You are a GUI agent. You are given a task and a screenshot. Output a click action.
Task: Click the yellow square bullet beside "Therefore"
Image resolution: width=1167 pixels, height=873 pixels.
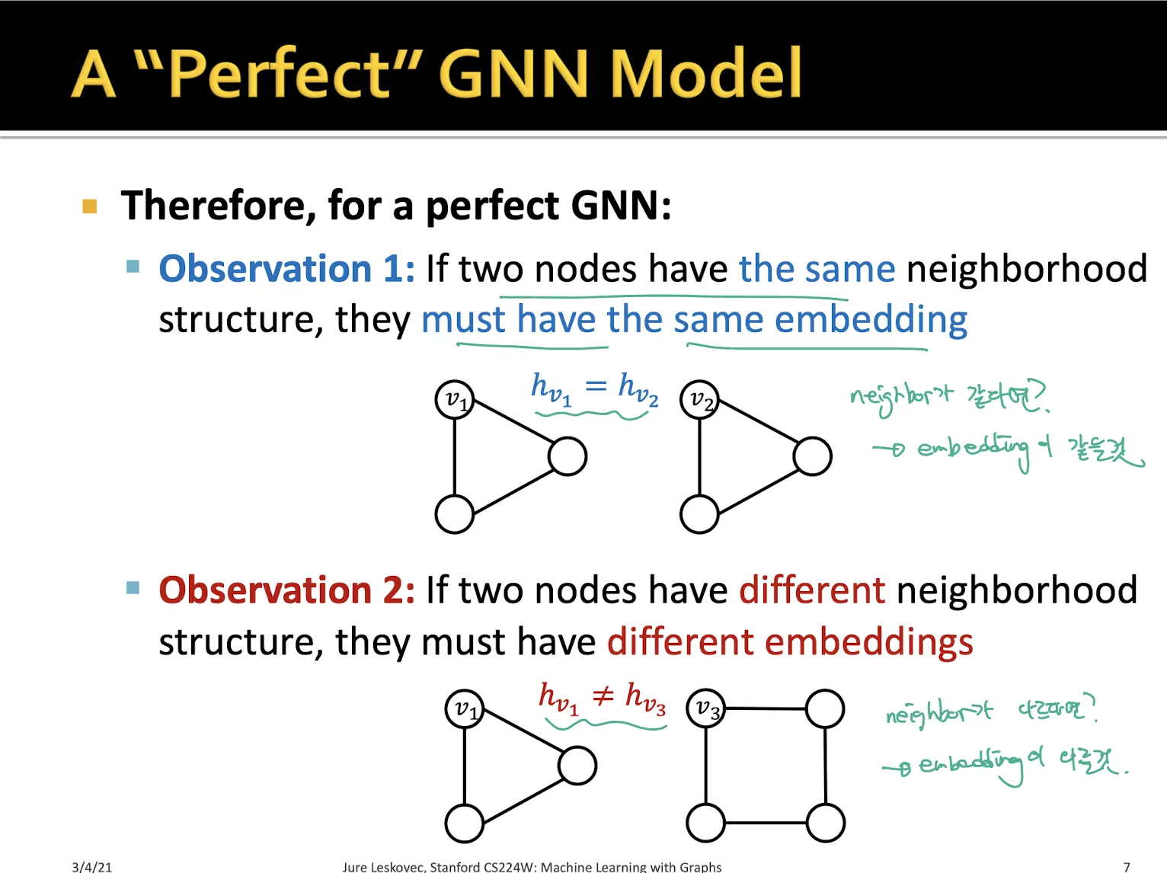(90, 206)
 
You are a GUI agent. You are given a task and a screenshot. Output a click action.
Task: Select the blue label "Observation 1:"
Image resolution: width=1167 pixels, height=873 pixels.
(286, 269)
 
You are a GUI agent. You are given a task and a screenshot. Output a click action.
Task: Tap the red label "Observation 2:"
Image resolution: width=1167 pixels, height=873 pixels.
(286, 590)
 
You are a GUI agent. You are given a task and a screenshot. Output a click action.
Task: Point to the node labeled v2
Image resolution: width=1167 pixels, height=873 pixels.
(699, 400)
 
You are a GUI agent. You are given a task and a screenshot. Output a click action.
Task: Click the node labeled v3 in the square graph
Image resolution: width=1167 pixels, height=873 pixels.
(706, 709)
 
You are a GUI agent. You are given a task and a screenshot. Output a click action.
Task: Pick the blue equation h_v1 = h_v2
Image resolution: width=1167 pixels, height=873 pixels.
(594, 389)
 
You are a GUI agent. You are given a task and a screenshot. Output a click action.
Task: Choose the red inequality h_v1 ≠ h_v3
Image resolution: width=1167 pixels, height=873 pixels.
(602, 697)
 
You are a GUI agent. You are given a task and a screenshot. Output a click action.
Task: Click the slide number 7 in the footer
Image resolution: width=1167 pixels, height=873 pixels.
(1127, 866)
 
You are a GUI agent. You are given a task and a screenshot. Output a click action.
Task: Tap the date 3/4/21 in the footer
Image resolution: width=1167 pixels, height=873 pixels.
(91, 866)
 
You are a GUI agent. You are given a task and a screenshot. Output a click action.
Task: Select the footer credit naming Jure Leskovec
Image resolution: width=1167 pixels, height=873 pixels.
(532, 866)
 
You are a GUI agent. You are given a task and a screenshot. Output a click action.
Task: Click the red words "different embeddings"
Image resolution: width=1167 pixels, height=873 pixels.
(790, 641)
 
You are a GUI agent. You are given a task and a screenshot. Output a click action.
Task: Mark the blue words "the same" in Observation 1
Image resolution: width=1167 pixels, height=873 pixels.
(817, 269)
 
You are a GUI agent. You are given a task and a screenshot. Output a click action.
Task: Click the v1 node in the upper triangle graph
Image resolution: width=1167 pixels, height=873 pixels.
(455, 400)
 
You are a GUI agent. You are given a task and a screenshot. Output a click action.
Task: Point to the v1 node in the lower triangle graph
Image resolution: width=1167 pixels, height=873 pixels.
(465, 708)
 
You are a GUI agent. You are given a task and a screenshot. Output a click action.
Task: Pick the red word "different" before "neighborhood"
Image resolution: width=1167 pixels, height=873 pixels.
(812, 590)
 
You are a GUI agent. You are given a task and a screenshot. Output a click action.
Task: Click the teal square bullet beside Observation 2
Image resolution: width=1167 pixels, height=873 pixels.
(133, 587)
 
